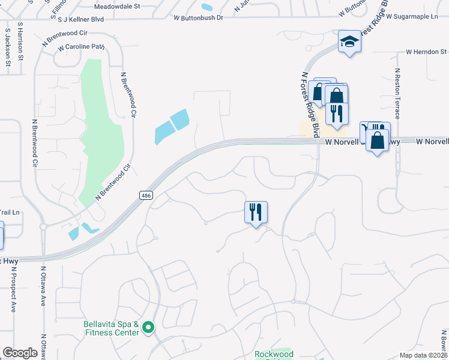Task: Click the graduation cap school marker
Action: [349, 41]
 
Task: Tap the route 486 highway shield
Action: [145, 196]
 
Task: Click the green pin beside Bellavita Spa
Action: [148, 327]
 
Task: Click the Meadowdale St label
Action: [116, 7]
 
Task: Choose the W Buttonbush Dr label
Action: [198, 17]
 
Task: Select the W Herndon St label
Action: [427, 52]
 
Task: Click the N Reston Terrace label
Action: [397, 93]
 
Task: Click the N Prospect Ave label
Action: [13, 289]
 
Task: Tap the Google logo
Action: [20, 353]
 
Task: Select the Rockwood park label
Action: [274, 355]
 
